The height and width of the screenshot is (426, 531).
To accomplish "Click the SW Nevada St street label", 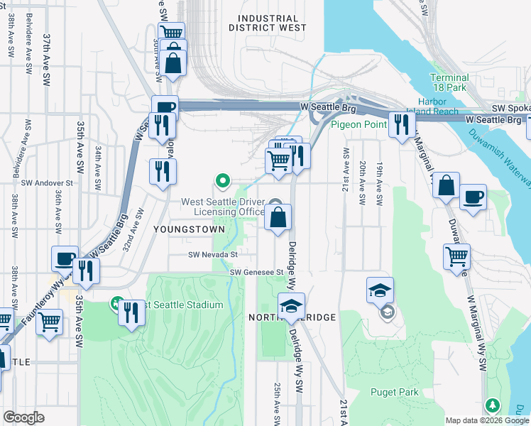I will point(212,254).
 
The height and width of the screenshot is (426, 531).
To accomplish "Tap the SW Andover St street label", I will point(48,182).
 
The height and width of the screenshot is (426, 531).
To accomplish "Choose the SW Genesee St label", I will point(256,272).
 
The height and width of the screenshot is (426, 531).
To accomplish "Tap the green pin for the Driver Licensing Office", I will point(223,181).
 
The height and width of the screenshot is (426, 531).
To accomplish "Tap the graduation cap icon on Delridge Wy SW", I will point(291,305).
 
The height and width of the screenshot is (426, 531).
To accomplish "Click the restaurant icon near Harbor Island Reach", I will point(403,125).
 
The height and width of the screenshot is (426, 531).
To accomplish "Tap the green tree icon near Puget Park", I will point(492,405).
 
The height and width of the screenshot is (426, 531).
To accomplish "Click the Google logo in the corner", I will point(23,417).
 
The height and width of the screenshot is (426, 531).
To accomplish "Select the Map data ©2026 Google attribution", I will point(487,420).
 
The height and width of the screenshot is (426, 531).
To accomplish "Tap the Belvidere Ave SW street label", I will point(29,53).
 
